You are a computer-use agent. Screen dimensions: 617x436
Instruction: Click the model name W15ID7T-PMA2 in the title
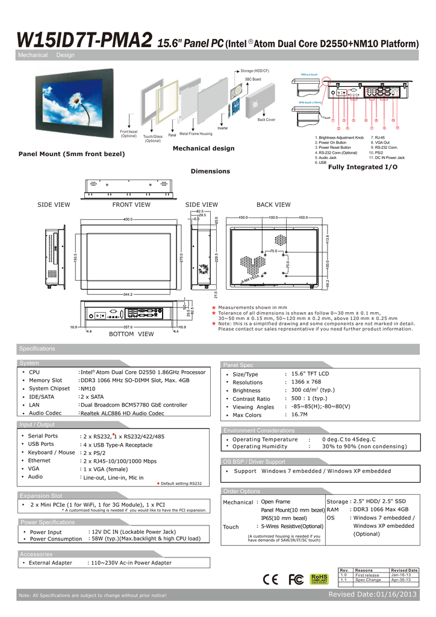tap(85, 41)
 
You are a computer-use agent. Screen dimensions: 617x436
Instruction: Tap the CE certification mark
tap(272, 579)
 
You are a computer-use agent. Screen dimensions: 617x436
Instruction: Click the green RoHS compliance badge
tap(319, 579)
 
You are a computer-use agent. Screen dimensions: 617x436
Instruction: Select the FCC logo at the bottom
tap(296, 579)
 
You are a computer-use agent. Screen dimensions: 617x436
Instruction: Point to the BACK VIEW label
tap(273, 205)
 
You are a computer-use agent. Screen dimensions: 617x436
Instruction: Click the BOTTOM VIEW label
tap(131, 333)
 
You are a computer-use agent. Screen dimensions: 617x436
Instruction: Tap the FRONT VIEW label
tap(131, 205)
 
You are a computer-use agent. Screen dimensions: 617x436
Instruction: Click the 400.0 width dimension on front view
tap(128, 219)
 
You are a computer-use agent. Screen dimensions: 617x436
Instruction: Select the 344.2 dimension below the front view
tap(127, 295)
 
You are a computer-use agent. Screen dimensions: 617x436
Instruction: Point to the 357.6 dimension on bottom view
tap(128, 327)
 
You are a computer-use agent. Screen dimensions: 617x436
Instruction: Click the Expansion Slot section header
tap(40, 495)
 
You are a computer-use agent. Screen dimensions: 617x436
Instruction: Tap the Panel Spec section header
tap(238, 365)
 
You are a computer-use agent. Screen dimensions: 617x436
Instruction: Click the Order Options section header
tap(242, 491)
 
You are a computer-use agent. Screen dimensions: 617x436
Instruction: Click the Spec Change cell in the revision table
tap(368, 580)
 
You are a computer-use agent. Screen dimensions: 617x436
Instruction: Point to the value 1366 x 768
tap(307, 382)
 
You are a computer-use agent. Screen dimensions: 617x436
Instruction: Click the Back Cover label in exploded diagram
tap(266, 120)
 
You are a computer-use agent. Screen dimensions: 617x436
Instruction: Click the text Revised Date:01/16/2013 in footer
tap(372, 595)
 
